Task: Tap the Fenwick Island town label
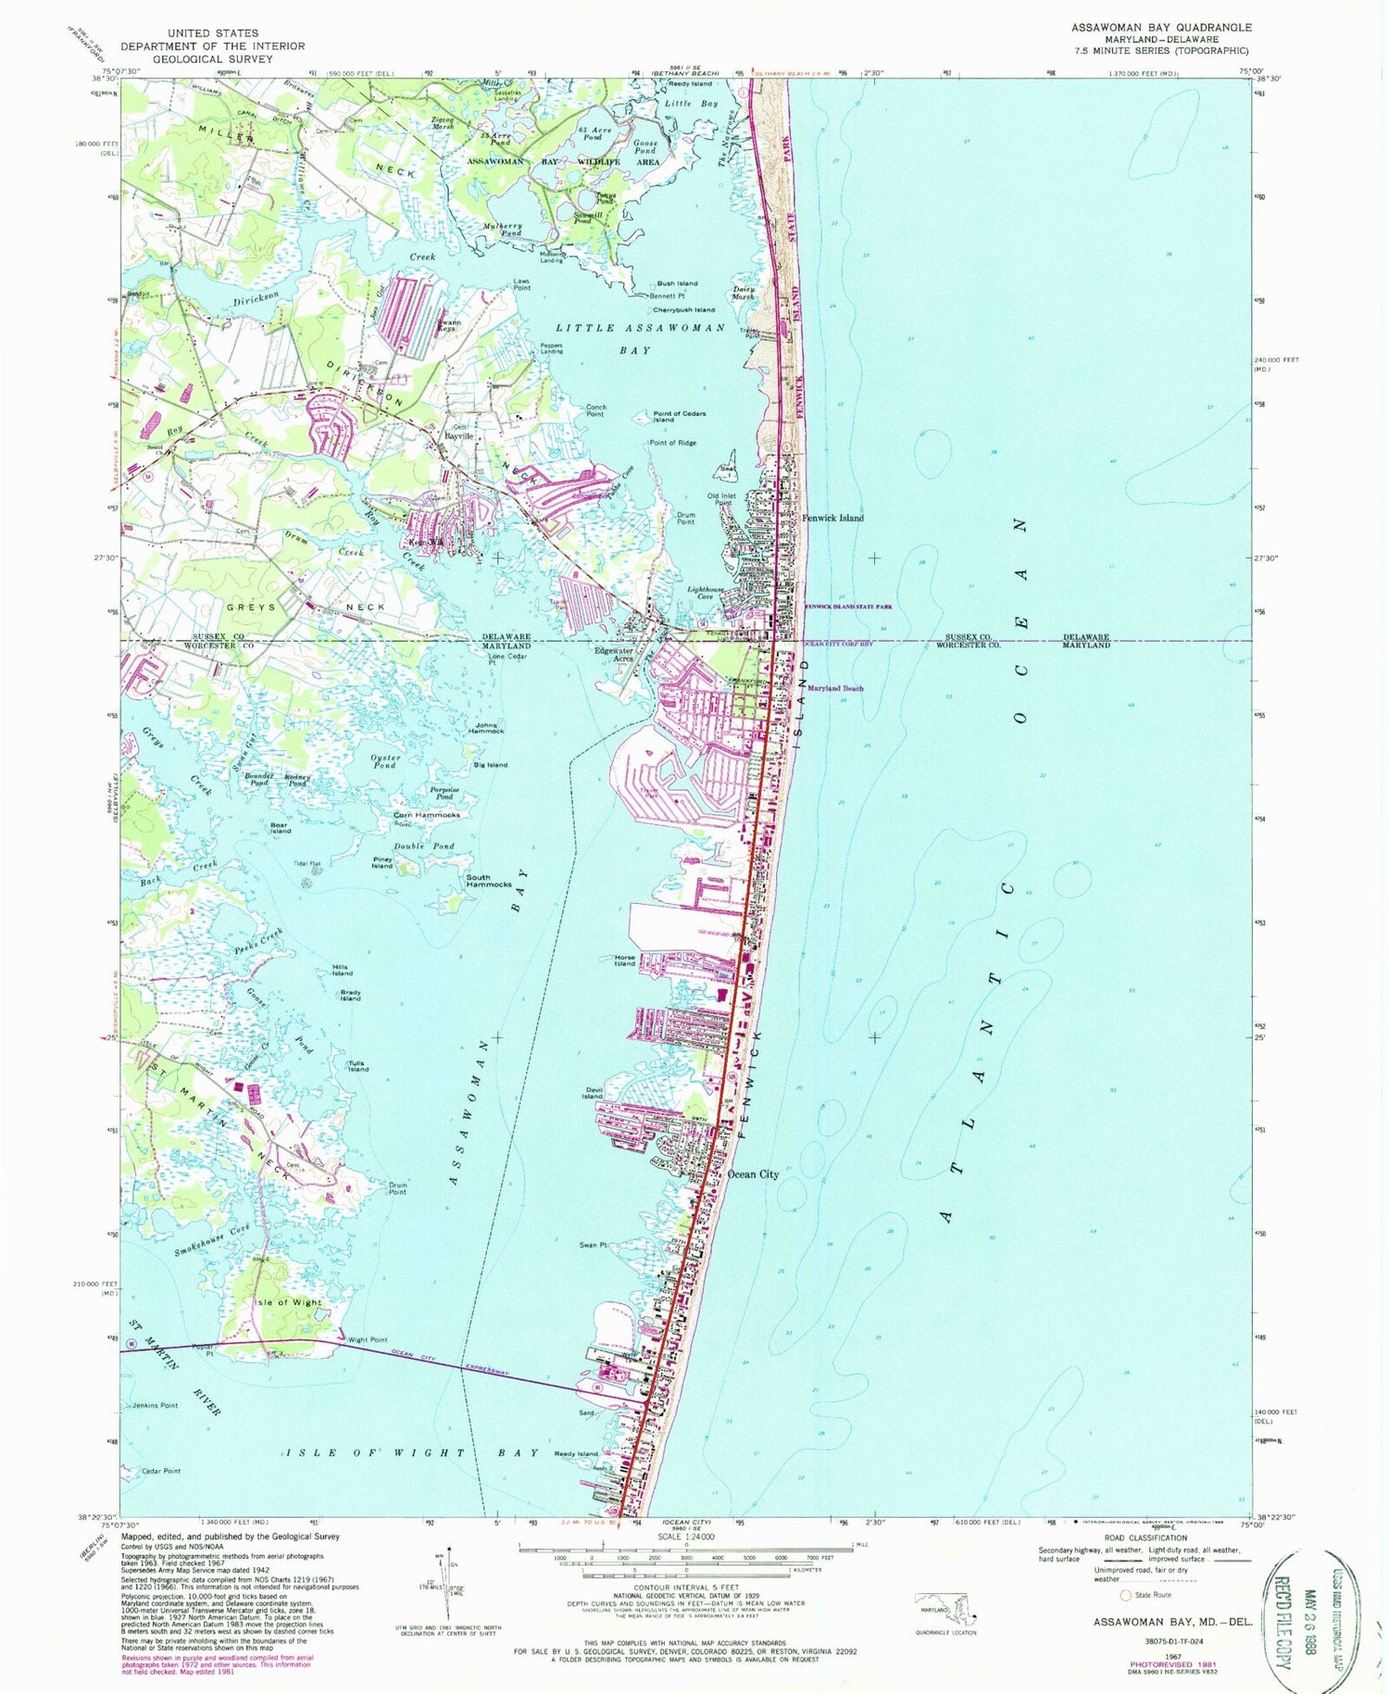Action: coord(832,518)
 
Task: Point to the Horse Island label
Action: coord(625,960)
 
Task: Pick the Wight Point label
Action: coord(368,1340)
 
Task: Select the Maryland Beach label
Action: coord(835,688)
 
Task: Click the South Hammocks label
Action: coord(489,881)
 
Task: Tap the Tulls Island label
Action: coord(357,1066)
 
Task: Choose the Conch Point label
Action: coord(595,410)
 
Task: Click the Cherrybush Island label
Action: coord(683,310)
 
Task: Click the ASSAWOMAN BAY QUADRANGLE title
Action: coord(1160,27)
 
